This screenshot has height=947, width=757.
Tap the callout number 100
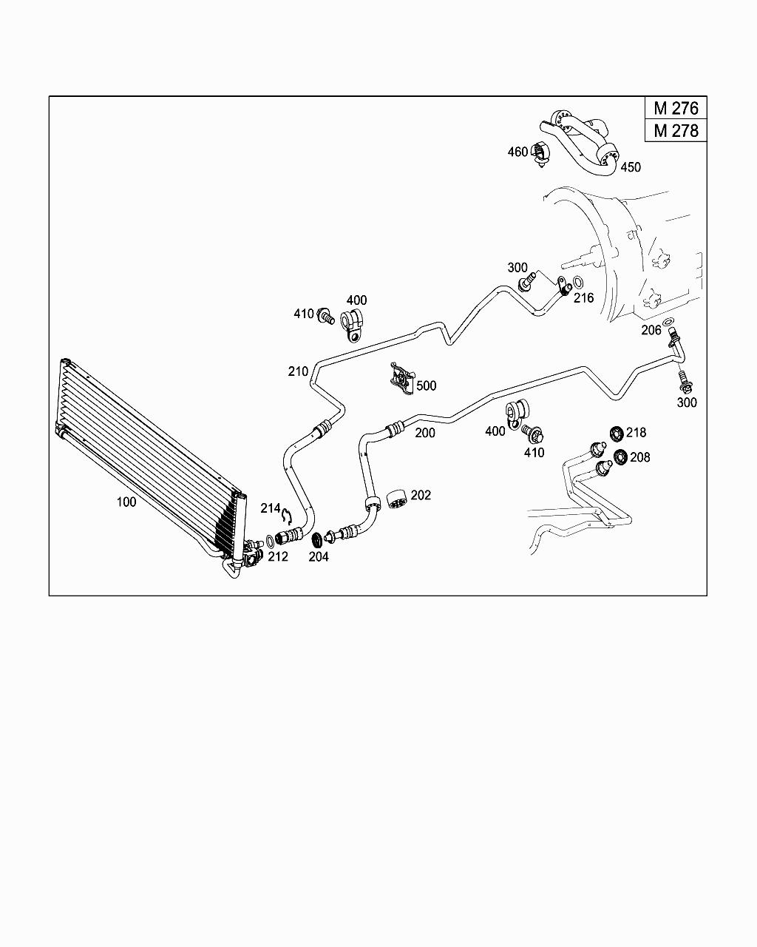[x=126, y=502]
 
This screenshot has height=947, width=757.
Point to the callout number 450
[x=631, y=167]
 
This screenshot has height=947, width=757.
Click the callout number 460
[x=517, y=152]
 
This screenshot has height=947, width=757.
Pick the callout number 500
[x=427, y=385]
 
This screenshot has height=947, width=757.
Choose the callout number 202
[x=421, y=495]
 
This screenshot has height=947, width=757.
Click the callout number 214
[x=271, y=508]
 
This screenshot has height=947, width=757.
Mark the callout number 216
[x=584, y=298]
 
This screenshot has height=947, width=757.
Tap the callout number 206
[x=651, y=331]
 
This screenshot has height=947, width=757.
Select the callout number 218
[x=636, y=433]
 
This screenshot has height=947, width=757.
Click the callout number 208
[x=640, y=457]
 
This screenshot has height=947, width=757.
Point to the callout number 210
[x=298, y=371]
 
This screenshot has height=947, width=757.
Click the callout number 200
[x=425, y=433]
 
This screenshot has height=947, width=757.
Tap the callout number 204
[x=319, y=556]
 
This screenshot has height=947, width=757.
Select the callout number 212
[x=278, y=556]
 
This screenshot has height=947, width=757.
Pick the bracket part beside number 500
[x=401, y=378]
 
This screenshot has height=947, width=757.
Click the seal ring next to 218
[x=616, y=433]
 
